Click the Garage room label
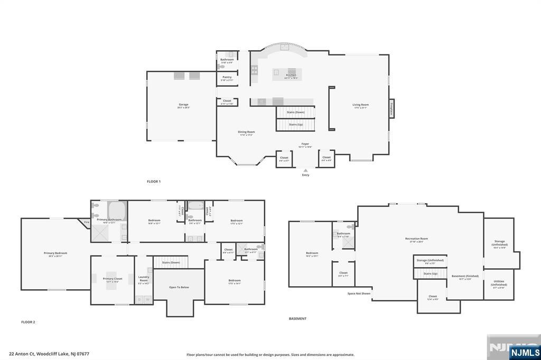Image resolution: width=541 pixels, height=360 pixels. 183,105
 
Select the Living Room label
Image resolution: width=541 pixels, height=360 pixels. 361,105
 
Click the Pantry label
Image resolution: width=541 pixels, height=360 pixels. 227,78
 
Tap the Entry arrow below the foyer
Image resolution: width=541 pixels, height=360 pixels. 305,170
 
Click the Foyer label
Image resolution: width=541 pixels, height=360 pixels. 305,144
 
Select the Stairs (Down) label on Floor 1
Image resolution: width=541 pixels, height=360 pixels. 295,112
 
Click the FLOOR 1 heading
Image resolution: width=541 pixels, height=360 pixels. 154,182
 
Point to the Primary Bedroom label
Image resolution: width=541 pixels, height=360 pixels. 55,253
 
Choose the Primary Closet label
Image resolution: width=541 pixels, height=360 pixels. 112,279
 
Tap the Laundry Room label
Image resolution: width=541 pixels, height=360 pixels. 144,278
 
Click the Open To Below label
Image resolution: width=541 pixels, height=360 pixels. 179,287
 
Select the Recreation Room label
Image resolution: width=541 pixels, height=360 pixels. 417,239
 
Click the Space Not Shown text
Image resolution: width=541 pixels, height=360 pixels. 359,293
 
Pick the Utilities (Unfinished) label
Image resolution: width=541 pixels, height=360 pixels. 499,282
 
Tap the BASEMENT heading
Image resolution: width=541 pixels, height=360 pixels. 297,319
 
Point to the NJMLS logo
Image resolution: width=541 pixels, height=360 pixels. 525,352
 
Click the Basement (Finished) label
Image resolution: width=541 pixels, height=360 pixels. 465,277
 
